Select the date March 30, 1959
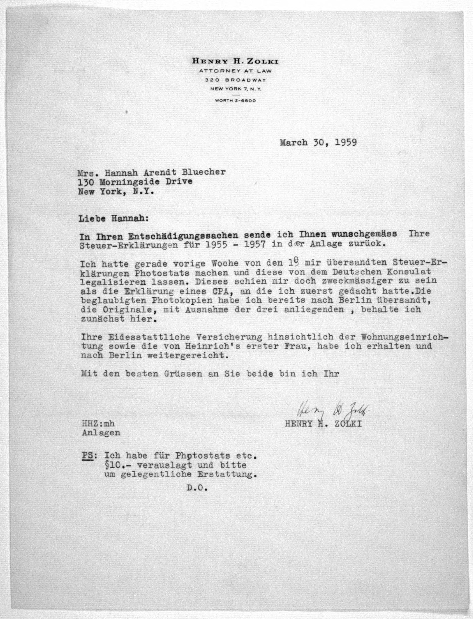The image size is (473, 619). [x=318, y=143]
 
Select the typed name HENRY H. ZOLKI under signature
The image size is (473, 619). [x=323, y=424]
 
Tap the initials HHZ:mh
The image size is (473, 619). [x=98, y=424]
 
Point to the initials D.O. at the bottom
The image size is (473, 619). [x=197, y=488]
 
